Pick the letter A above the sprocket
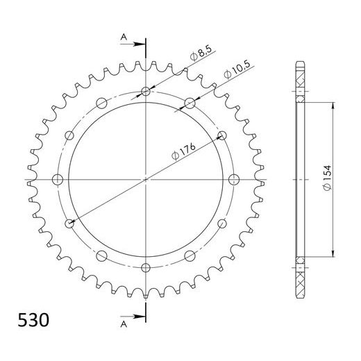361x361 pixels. [123, 37]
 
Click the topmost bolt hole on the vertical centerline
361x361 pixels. [145, 92]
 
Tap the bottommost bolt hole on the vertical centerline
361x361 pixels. [145, 267]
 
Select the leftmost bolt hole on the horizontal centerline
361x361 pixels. [58, 180]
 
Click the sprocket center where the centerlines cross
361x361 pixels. [145, 180]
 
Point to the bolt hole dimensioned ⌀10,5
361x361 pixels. [190, 103]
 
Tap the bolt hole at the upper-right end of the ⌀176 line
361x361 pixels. [222, 135]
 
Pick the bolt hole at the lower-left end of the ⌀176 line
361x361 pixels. [69, 224]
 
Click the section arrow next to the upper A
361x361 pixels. [134, 44]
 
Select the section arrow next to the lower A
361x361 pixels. [134, 315]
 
